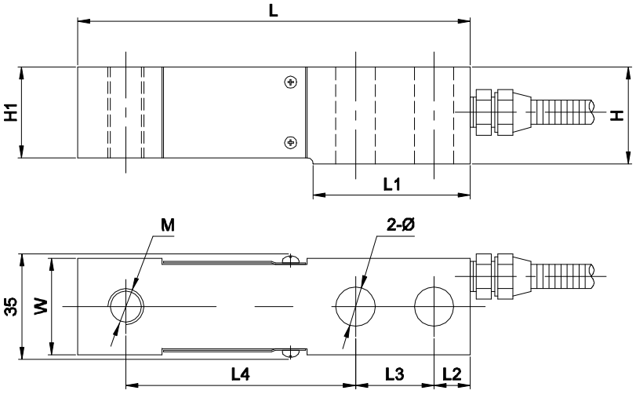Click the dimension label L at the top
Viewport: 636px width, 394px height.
273,10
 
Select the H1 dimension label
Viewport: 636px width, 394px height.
10,113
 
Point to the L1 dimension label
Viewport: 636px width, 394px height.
392,184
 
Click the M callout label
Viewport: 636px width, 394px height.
167,224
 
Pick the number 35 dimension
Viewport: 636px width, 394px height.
10,305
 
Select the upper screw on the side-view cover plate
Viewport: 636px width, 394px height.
291,82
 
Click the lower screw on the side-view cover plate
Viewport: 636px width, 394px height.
291,142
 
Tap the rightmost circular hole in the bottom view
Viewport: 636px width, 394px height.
434,305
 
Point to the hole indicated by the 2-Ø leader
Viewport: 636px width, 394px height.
353,305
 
